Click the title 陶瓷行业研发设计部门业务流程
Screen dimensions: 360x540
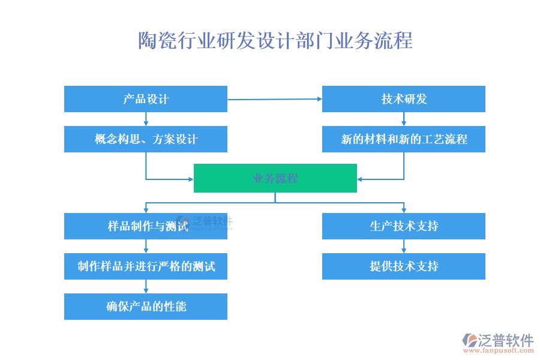click(x=275, y=41)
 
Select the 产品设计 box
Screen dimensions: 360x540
click(x=146, y=99)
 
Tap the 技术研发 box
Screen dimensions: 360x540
click(x=404, y=99)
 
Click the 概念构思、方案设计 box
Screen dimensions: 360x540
click(x=146, y=139)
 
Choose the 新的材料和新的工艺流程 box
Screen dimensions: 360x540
click(x=404, y=139)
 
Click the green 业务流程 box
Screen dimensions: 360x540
click(x=275, y=178)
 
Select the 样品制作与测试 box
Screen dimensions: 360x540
click(x=146, y=226)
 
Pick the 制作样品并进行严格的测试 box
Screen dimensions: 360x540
click(x=146, y=266)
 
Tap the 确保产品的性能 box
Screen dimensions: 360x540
click(x=146, y=307)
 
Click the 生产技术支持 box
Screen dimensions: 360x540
click(x=404, y=226)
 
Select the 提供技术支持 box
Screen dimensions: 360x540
click(x=404, y=266)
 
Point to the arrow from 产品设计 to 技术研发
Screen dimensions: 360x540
click(x=275, y=99)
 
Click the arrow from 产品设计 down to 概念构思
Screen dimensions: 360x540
click(x=146, y=119)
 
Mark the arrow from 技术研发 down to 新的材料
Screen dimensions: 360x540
click(x=404, y=119)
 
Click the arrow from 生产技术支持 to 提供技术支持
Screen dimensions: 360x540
click(x=404, y=246)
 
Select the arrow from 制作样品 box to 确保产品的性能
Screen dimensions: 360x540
click(x=146, y=286)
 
